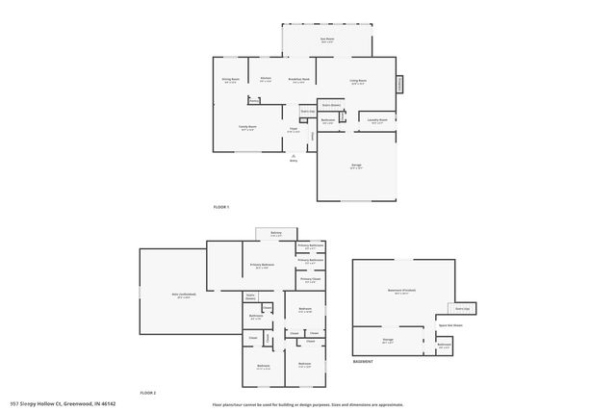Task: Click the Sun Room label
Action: (326, 39)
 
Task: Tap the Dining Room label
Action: (231, 83)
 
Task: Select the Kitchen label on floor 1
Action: (266, 79)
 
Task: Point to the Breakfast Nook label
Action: (300, 81)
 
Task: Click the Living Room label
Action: (357, 83)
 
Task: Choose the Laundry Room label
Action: (376, 121)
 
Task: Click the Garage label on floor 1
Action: (356, 166)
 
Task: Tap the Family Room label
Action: (246, 127)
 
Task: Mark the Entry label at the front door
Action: (294, 160)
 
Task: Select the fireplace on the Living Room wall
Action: (399, 85)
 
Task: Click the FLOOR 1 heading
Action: (221, 207)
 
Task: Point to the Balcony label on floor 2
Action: (275, 233)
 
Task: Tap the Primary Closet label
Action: (309, 281)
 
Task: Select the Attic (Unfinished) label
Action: (182, 296)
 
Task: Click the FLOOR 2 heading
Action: (147, 393)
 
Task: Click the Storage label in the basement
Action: (387, 340)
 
